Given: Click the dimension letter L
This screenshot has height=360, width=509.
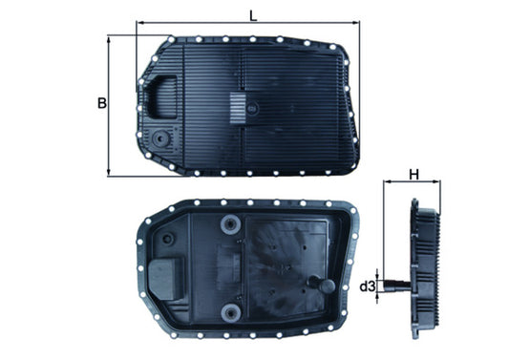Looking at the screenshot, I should pyautogui.click(x=252, y=15).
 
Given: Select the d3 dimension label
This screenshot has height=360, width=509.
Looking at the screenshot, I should pyautogui.click(x=366, y=286).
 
